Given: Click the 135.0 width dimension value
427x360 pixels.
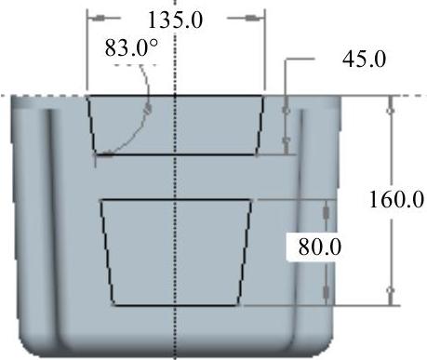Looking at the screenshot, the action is pyautogui.click(x=176, y=20).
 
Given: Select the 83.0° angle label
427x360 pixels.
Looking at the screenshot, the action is pyautogui.click(x=131, y=48).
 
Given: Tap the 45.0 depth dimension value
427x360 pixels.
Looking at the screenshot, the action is pyautogui.click(x=365, y=60).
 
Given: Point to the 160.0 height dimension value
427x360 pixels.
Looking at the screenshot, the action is pyautogui.click(x=396, y=199).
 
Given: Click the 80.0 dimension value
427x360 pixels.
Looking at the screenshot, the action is pyautogui.click(x=320, y=247).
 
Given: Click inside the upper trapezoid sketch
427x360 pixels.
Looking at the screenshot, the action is pyautogui.click(x=176, y=125).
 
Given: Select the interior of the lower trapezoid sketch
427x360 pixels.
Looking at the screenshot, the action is pyautogui.click(x=176, y=252).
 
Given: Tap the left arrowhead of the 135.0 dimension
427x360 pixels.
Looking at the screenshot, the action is pyautogui.click(x=100, y=18).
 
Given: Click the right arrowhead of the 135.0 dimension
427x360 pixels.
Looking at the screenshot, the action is pyautogui.click(x=252, y=18).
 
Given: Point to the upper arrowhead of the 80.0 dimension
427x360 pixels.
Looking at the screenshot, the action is pyautogui.click(x=326, y=212).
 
